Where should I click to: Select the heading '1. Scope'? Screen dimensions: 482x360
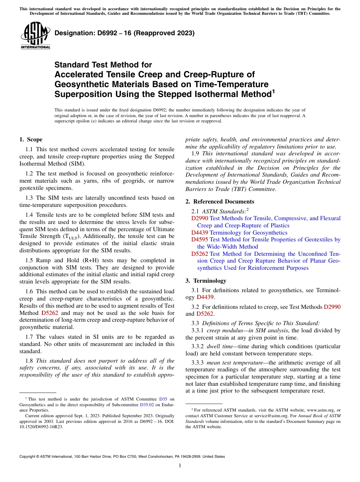coord(31,139)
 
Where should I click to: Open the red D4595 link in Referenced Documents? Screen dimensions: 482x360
coord(199,239)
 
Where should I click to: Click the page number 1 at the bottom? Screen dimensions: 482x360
coord(180,465)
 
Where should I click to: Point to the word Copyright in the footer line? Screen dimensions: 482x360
coord(30,457)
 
